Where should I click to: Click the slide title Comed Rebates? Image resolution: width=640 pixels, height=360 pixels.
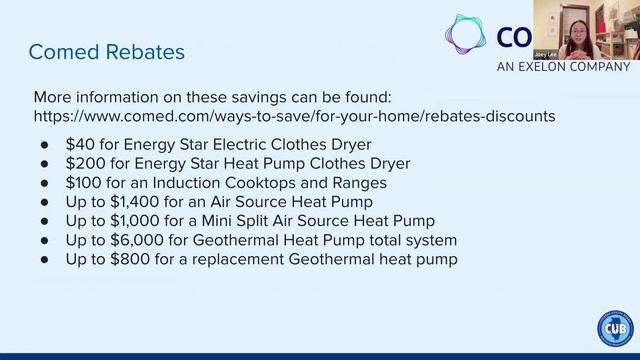(x=106, y=51)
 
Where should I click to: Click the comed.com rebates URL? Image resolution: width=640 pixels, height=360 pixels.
(x=294, y=116)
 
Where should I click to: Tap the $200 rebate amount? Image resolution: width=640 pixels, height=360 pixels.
(x=83, y=163)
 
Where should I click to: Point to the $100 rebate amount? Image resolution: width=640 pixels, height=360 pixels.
(x=83, y=183)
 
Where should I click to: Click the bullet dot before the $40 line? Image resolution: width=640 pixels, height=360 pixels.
(x=45, y=145)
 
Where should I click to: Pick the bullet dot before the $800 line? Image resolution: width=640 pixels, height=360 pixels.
(x=45, y=260)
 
